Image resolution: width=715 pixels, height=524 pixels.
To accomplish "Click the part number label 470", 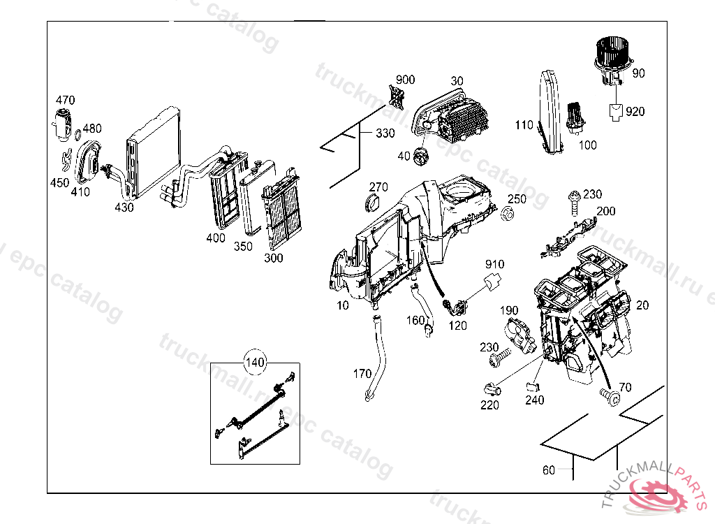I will (66, 100).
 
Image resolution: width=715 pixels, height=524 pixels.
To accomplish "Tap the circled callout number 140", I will (255, 363).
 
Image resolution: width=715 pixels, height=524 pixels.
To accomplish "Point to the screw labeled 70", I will (612, 397).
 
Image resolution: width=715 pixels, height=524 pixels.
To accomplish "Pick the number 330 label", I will (385, 133).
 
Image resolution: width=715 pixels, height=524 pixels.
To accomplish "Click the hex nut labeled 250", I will (508, 213).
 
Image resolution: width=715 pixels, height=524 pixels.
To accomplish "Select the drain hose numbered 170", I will (380, 356).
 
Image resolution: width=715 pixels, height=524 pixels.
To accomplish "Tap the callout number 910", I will (495, 264).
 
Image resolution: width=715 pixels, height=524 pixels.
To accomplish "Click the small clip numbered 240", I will (533, 385).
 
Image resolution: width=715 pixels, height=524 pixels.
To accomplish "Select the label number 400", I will (216, 238).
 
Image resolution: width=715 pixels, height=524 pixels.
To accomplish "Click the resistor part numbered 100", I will (577, 117).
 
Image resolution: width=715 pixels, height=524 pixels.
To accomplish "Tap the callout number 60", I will (549, 470).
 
